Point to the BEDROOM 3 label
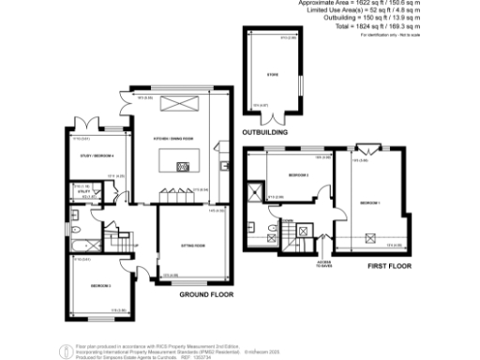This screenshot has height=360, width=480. tap(100, 285)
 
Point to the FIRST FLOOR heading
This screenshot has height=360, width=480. tap(382, 266)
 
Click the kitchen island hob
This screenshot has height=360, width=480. tap(184, 167)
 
